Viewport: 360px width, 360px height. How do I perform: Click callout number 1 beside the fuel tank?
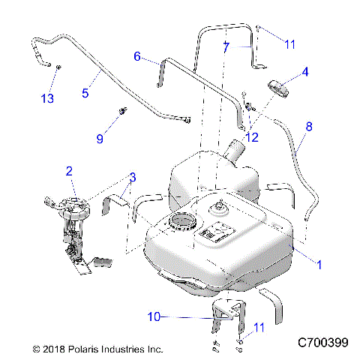pyautogui.click(x=321, y=264)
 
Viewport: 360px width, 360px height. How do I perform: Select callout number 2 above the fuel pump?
pyautogui.click(x=69, y=172)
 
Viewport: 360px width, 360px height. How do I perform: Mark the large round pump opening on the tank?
pyautogui.click(x=181, y=223)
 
